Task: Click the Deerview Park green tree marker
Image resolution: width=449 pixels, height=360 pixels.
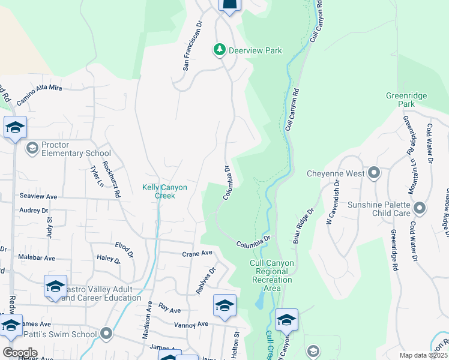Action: click(x=220, y=50)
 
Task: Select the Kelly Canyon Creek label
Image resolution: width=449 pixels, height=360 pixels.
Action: click(x=164, y=191)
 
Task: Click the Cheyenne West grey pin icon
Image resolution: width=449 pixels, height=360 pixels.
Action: click(x=374, y=174)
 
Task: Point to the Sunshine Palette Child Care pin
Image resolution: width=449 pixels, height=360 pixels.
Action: click(x=419, y=208)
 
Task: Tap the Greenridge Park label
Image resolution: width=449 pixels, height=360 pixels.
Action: click(x=406, y=100)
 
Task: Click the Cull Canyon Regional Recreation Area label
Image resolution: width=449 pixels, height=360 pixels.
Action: click(x=272, y=275)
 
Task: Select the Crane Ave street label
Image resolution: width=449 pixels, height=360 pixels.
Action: click(x=197, y=254)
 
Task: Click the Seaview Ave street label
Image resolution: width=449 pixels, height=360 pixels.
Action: click(x=38, y=196)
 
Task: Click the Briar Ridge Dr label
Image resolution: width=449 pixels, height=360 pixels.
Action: click(x=303, y=226)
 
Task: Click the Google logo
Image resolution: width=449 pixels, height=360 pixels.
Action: click(x=20, y=352)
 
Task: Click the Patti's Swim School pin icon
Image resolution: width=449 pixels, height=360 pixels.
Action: click(x=107, y=334)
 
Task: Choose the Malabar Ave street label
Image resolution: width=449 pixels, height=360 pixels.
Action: click(x=37, y=258)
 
